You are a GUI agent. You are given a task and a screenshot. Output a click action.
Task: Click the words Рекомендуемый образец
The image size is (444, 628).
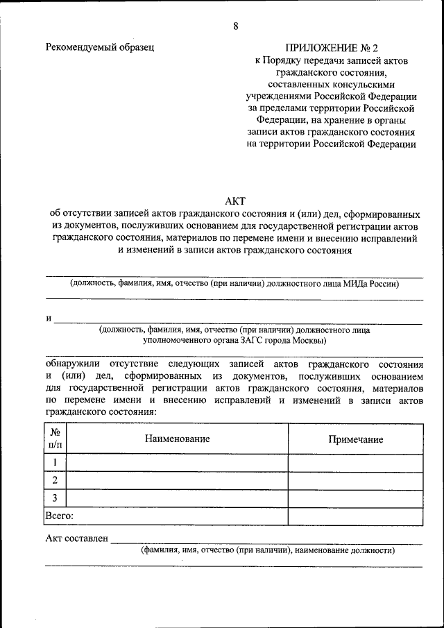99,47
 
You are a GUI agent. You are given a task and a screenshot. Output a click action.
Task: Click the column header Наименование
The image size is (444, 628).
177,439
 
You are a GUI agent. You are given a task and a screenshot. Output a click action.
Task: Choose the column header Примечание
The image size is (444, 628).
355,439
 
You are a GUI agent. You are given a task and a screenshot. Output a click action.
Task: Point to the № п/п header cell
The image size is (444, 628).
55,439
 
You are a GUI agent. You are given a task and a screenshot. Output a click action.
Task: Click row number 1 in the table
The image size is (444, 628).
55,463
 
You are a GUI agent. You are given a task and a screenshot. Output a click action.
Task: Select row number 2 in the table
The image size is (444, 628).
55,480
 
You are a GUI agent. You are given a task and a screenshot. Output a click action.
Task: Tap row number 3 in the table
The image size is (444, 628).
55,498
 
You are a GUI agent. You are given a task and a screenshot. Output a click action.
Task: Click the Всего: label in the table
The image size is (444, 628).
60,516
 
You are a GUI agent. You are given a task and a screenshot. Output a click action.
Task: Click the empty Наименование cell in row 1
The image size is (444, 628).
177,463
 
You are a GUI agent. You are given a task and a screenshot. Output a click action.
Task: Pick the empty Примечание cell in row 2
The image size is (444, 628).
355,480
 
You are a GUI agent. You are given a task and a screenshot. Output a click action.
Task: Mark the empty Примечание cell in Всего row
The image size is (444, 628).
355,516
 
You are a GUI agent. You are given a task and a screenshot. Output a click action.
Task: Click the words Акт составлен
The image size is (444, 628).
76,538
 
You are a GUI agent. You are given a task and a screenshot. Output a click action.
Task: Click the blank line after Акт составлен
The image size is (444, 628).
267,541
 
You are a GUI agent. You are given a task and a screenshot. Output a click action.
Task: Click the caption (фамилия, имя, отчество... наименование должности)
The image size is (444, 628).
268,550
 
